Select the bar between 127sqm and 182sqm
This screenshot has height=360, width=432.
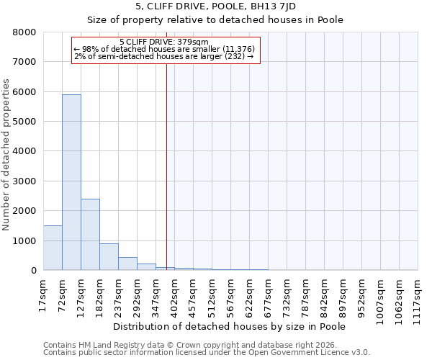(x=90, y=234)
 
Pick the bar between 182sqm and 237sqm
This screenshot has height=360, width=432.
(x=109, y=256)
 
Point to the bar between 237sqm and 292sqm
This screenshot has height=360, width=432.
(x=127, y=264)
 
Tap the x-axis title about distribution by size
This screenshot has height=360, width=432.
(x=230, y=326)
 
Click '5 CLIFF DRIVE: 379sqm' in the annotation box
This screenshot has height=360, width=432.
(x=163, y=42)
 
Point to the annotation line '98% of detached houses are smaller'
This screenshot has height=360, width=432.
(x=164, y=49)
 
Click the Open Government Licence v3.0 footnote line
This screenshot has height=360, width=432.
(x=207, y=353)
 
